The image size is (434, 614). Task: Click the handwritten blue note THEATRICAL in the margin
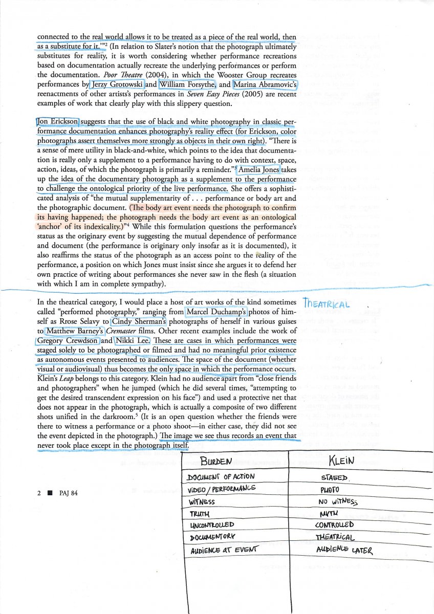326,304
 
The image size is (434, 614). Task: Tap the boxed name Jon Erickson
58,121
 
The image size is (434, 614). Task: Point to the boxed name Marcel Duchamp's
216,312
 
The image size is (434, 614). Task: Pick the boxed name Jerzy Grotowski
117,84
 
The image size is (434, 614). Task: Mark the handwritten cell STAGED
334,478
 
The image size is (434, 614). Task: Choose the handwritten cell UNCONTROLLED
212,524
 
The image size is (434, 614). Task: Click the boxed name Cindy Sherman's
139,321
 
